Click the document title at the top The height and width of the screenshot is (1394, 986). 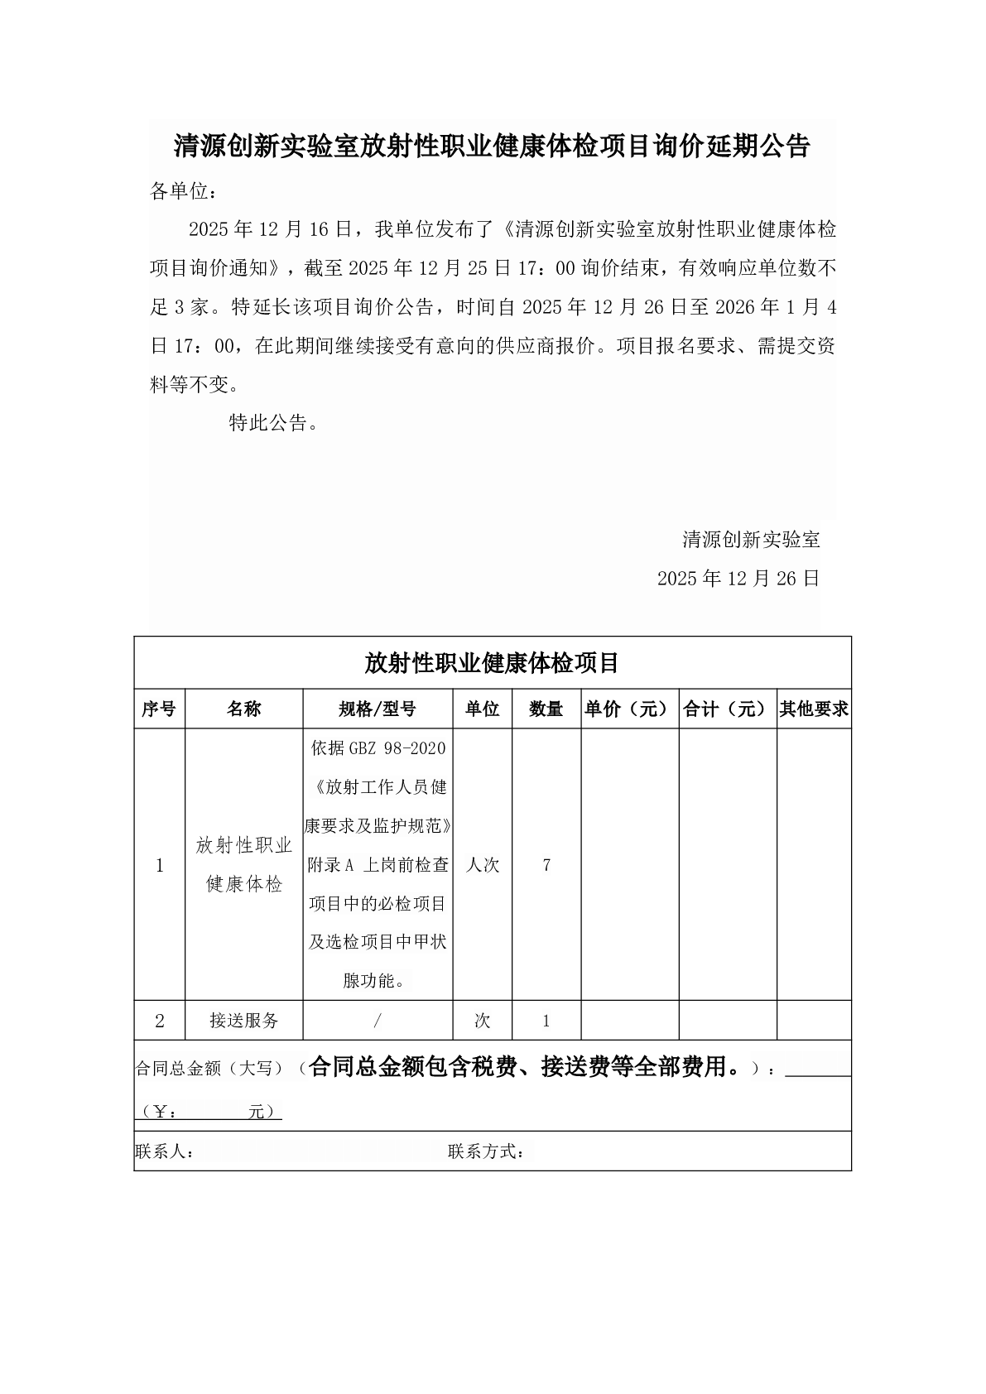point(492,147)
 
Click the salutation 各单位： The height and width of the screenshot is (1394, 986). point(184,192)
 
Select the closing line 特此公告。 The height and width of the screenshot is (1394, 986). point(273,424)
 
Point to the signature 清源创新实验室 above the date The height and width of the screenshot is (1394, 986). point(751,540)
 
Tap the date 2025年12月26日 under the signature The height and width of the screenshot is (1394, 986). point(738,579)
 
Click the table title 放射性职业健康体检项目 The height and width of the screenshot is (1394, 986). point(492,663)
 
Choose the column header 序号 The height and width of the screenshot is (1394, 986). point(159,709)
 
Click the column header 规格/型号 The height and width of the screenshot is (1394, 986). point(378,709)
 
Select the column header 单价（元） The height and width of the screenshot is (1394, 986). point(629,709)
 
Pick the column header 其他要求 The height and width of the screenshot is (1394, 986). point(814,709)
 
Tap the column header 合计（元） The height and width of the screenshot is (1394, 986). point(727,709)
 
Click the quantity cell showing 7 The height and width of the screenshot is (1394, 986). point(546,865)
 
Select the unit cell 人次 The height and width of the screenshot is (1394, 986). point(483,865)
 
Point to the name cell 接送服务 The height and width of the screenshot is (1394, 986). point(244,1021)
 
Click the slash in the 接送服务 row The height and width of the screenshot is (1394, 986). point(378,1021)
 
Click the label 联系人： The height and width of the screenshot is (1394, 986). point(165,1151)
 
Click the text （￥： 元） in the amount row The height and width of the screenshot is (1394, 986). point(209,1112)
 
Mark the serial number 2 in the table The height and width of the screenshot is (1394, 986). point(160,1021)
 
